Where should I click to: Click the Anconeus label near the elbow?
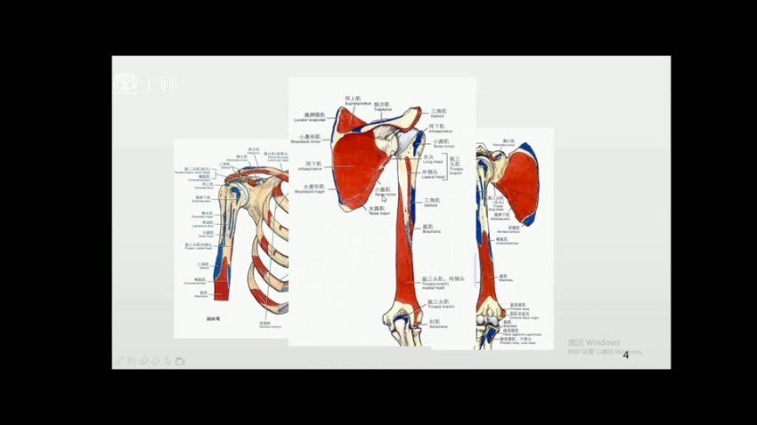436,325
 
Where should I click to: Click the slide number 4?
626,356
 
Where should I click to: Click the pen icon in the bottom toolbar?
119,361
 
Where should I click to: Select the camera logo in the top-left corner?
126,84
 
